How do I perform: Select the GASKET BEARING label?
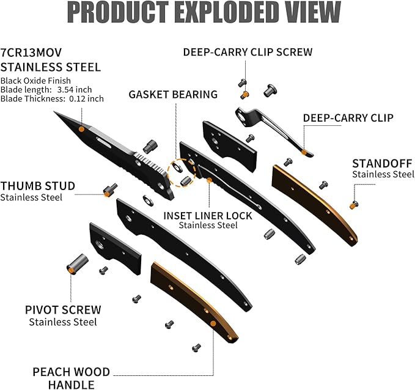(173, 95)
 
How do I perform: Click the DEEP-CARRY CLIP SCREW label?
(248, 52)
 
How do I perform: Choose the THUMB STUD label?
(38, 186)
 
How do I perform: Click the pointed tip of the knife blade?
(56, 113)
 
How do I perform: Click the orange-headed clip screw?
(244, 95)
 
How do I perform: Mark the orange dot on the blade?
(82, 129)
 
